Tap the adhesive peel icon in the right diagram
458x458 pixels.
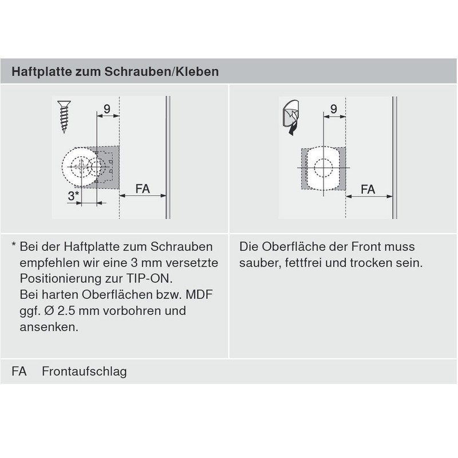[x=290, y=118]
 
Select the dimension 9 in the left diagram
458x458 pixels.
[x=107, y=108]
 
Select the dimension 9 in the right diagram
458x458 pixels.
[x=333, y=108]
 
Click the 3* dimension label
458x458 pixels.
[x=73, y=196]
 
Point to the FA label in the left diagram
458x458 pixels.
[x=143, y=188]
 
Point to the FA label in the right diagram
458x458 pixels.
[x=368, y=188]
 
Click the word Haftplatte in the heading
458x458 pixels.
[x=37, y=73]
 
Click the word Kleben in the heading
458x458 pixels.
[x=198, y=73]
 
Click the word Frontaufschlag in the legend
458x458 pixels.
[x=84, y=372]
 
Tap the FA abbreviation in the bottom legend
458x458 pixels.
[x=19, y=372]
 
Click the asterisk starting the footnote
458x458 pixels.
[x=14, y=247]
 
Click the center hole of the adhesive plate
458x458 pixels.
[x=323, y=168]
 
